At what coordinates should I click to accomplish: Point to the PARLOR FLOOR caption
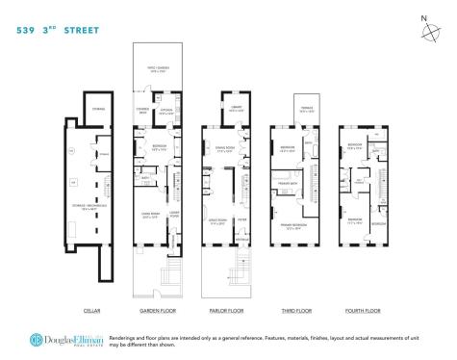tap(225, 310)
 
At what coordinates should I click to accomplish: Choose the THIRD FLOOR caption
tap(292, 310)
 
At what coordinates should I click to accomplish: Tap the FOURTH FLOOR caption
tap(363, 310)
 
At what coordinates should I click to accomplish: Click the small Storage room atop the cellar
tap(97, 109)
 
